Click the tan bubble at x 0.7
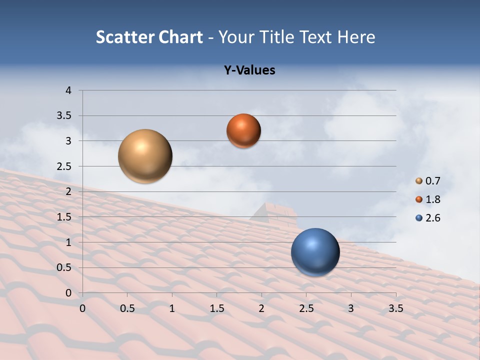(x=145, y=156)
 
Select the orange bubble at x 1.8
(x=243, y=130)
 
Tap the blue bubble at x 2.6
(x=315, y=252)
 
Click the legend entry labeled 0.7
(x=428, y=181)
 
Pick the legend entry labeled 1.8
(x=428, y=199)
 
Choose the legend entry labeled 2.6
(x=428, y=218)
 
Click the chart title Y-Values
(x=249, y=70)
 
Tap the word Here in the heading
(x=356, y=37)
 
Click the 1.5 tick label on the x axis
(x=216, y=308)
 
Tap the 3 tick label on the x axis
(x=350, y=308)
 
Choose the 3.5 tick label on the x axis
(x=395, y=308)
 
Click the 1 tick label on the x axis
(x=172, y=308)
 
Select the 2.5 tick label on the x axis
(x=306, y=308)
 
